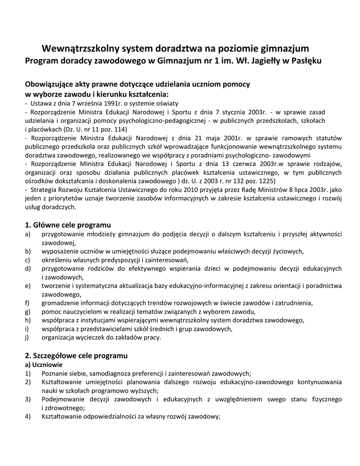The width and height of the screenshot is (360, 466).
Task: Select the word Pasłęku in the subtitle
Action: pyautogui.click(x=305, y=61)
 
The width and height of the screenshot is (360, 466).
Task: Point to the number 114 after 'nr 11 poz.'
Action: pyautogui.click(x=120, y=129)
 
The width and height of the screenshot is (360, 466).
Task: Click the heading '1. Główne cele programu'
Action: pyautogui.click(x=68, y=225)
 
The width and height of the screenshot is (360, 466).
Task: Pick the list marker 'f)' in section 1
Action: pyautogui.click(x=27, y=303)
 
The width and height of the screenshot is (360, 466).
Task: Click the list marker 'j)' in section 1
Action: pyautogui.click(x=27, y=338)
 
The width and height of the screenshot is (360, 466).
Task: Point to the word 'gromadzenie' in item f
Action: pyautogui.click(x=60, y=303)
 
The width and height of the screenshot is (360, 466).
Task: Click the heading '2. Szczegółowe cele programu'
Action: pyautogui.click(x=76, y=355)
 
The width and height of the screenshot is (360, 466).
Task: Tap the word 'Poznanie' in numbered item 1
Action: pyautogui.click(x=55, y=373)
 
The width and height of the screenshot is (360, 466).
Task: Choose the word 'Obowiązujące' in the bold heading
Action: pyautogui.click(x=51, y=85)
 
